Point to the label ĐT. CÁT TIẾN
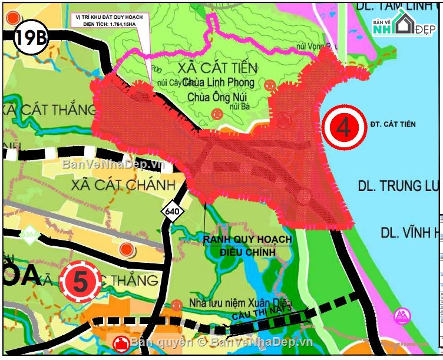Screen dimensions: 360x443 point(393,124)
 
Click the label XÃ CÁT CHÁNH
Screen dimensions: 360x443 point(123,184)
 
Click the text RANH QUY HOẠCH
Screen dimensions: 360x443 point(247,239)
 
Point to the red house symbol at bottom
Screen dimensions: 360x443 point(121,344)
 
